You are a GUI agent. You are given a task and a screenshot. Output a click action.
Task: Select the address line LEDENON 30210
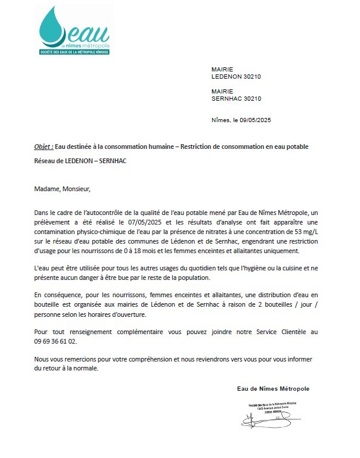[x=237, y=77]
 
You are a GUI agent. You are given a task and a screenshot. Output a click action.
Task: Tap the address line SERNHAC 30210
[x=237, y=98]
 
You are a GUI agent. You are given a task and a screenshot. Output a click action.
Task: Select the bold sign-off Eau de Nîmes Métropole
[x=273, y=388]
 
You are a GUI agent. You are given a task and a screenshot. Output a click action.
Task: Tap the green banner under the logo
[x=76, y=52]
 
